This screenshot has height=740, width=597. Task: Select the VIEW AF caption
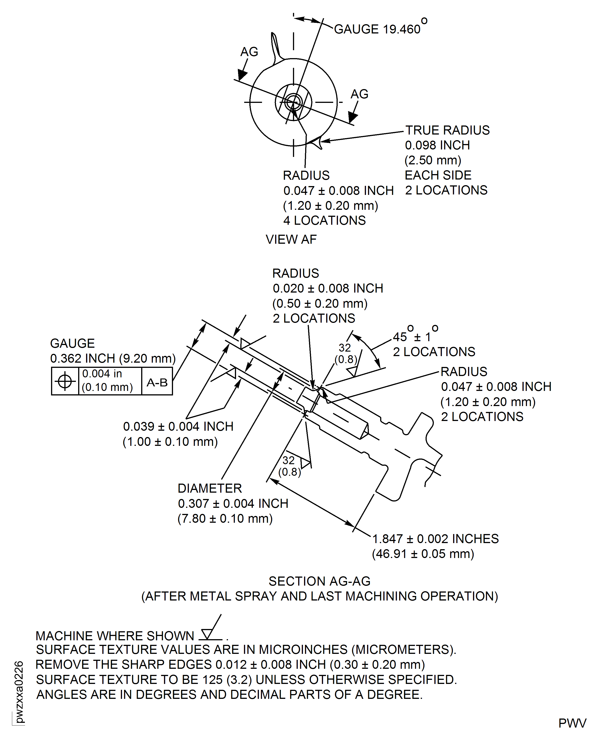point(291,239)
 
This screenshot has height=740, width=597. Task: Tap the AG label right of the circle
point(359,94)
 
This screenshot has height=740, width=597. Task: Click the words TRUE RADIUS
point(447,130)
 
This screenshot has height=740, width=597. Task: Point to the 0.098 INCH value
point(437,145)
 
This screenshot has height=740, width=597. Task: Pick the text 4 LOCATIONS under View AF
point(324,220)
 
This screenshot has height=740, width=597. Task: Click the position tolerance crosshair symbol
point(65,381)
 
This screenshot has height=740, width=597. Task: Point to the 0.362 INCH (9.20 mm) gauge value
point(113,358)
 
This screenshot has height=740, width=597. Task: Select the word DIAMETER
point(209,488)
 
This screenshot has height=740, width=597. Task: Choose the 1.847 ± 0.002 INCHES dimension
point(435,539)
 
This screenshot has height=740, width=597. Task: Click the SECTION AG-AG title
point(319,581)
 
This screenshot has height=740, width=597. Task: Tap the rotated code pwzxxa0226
point(19,692)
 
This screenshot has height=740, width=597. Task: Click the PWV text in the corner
point(572,723)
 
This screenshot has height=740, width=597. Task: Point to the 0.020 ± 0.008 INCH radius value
point(328,288)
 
